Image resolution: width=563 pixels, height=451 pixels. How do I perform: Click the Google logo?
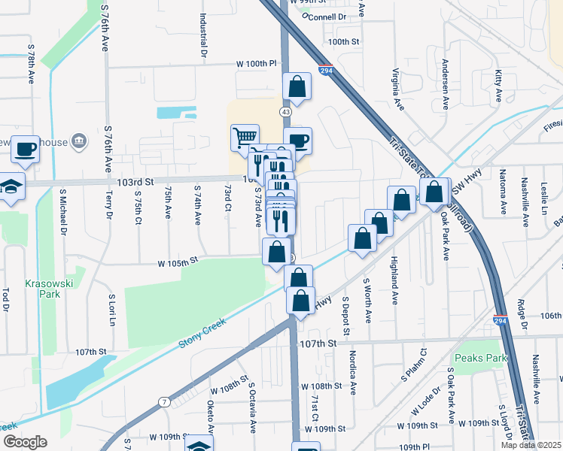tap(25, 442)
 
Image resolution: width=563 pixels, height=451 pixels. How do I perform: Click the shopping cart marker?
tap(245, 138)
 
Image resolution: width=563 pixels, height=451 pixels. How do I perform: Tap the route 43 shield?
tap(285, 111)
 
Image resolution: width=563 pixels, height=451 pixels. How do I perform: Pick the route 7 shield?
tap(164, 404)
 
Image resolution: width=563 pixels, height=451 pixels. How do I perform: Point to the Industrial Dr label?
tap(203, 35)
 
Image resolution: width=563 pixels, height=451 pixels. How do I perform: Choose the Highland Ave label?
tap(394, 280)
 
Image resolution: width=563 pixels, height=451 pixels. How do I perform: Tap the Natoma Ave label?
tap(503, 196)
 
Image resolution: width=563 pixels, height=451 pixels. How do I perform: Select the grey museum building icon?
tap(78, 142)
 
